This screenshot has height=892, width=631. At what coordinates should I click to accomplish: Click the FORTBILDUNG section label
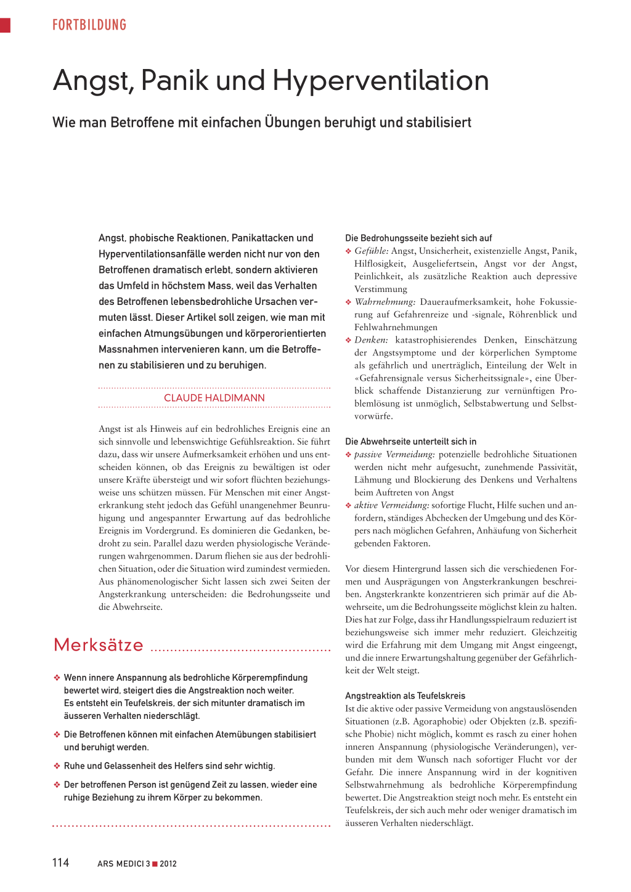[89, 25]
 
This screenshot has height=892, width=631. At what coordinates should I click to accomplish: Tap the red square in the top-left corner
[5, 25]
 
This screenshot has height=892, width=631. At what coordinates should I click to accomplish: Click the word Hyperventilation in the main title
[380, 81]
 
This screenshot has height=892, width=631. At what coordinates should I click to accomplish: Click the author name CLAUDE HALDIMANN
[214, 398]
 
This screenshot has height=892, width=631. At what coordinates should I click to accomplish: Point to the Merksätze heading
[99, 645]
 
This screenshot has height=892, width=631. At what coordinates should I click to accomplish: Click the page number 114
[60, 862]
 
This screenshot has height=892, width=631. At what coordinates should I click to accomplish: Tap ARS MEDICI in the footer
[120, 864]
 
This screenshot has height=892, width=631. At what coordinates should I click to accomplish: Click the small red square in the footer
[155, 864]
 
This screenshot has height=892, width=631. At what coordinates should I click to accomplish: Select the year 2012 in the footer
[168, 864]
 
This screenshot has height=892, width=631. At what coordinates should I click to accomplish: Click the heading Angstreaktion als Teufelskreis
[405, 695]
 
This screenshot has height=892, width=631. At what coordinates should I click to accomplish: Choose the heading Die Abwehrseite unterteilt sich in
[410, 441]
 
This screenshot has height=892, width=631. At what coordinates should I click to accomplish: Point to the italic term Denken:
[371, 340]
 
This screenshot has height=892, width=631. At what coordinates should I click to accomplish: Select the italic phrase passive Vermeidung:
[394, 454]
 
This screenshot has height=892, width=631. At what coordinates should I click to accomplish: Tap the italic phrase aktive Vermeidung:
[391, 505]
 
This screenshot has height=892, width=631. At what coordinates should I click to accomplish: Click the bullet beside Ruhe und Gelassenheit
[57, 766]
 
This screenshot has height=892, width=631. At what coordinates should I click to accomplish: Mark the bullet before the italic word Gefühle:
[348, 251]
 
